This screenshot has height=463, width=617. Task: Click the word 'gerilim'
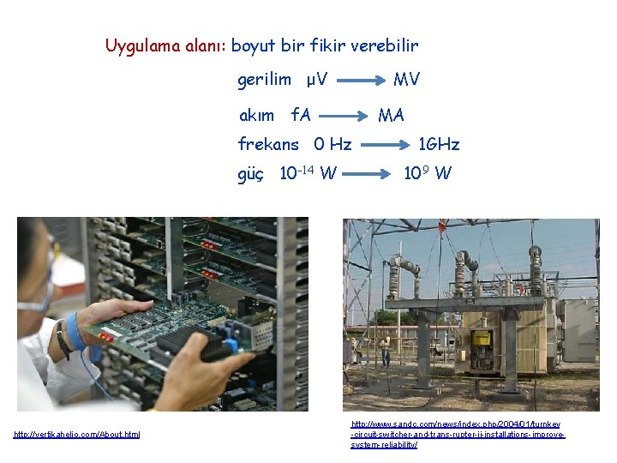[x=264, y=80]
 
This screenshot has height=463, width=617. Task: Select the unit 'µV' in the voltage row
[x=317, y=80]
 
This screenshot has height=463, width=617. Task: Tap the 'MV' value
[x=406, y=80]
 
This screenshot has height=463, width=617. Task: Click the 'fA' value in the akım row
[x=301, y=115]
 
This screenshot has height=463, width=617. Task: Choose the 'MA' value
[x=391, y=115]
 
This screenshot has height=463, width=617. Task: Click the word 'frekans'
[x=268, y=143]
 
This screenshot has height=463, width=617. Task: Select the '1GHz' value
[x=438, y=143]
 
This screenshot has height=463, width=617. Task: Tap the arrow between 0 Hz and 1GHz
[x=380, y=144]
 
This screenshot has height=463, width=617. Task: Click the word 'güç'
[x=251, y=174]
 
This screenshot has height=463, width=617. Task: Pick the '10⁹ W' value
[x=428, y=174]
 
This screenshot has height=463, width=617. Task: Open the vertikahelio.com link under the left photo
[x=77, y=435]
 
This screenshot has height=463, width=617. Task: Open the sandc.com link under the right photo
[x=458, y=435]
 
